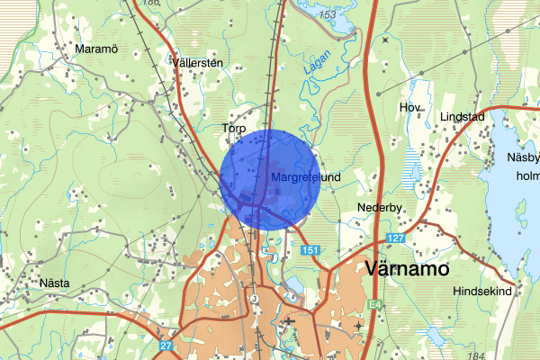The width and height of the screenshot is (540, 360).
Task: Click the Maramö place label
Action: click(x=98, y=48)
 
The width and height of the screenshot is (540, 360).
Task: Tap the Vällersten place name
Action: click(x=196, y=63)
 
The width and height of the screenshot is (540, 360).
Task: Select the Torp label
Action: click(x=234, y=130)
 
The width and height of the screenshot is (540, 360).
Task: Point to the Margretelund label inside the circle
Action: click(x=305, y=178)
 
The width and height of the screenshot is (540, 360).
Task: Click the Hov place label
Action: click(x=410, y=108)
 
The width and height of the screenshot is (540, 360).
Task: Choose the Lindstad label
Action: click(x=463, y=118)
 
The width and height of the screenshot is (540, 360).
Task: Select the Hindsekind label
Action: click(x=481, y=292)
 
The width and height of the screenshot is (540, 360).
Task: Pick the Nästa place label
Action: click(x=55, y=282)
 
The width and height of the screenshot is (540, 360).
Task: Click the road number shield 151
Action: click(x=310, y=249)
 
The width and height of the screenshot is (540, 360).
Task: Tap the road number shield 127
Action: click(x=397, y=238)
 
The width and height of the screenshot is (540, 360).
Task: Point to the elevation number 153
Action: click(x=330, y=16)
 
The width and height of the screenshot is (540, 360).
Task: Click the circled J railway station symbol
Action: click(x=255, y=299)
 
